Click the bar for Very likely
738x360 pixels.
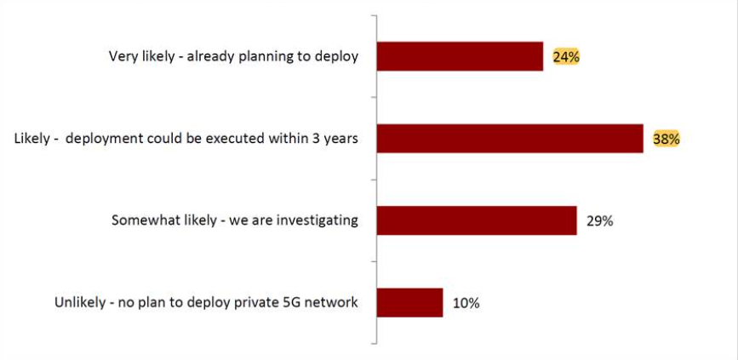(460, 56)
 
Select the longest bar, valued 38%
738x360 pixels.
(509, 138)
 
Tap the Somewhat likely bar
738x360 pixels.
(477, 220)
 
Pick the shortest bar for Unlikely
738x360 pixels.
(409, 302)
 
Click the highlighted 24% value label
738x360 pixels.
(566, 57)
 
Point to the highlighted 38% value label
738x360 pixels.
(666, 139)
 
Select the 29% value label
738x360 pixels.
(599, 220)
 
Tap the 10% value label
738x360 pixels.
(466, 302)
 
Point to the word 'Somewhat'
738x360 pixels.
(142, 220)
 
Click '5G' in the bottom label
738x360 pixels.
(294, 302)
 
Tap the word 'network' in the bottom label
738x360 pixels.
(333, 302)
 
